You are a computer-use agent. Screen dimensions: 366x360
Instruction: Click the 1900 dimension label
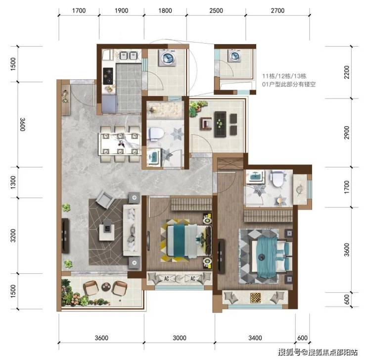point(121,10)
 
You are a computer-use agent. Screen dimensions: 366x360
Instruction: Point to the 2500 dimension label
point(216,10)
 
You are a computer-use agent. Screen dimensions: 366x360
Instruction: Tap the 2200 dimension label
point(347,72)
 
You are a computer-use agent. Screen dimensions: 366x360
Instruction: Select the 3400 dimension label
point(255,338)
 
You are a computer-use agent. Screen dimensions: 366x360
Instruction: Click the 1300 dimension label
point(13,182)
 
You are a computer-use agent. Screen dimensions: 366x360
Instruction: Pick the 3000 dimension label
point(180,338)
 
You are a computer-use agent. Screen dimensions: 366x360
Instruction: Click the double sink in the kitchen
point(128,55)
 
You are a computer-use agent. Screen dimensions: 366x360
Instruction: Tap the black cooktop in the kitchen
point(108,76)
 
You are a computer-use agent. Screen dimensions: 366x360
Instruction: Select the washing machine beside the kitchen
point(167,57)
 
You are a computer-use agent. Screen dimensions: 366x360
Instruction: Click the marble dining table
point(120,144)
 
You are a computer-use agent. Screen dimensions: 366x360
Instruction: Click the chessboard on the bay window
point(255,298)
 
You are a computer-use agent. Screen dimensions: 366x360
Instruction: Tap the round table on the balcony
point(106,287)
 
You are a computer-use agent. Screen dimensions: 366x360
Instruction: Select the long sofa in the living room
point(132,230)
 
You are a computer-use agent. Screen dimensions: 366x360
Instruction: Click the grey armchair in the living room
point(105,199)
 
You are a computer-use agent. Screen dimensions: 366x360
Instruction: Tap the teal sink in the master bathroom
point(255,176)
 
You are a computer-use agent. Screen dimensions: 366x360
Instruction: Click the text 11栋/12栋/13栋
point(284,76)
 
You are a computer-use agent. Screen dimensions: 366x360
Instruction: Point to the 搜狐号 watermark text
point(290,352)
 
